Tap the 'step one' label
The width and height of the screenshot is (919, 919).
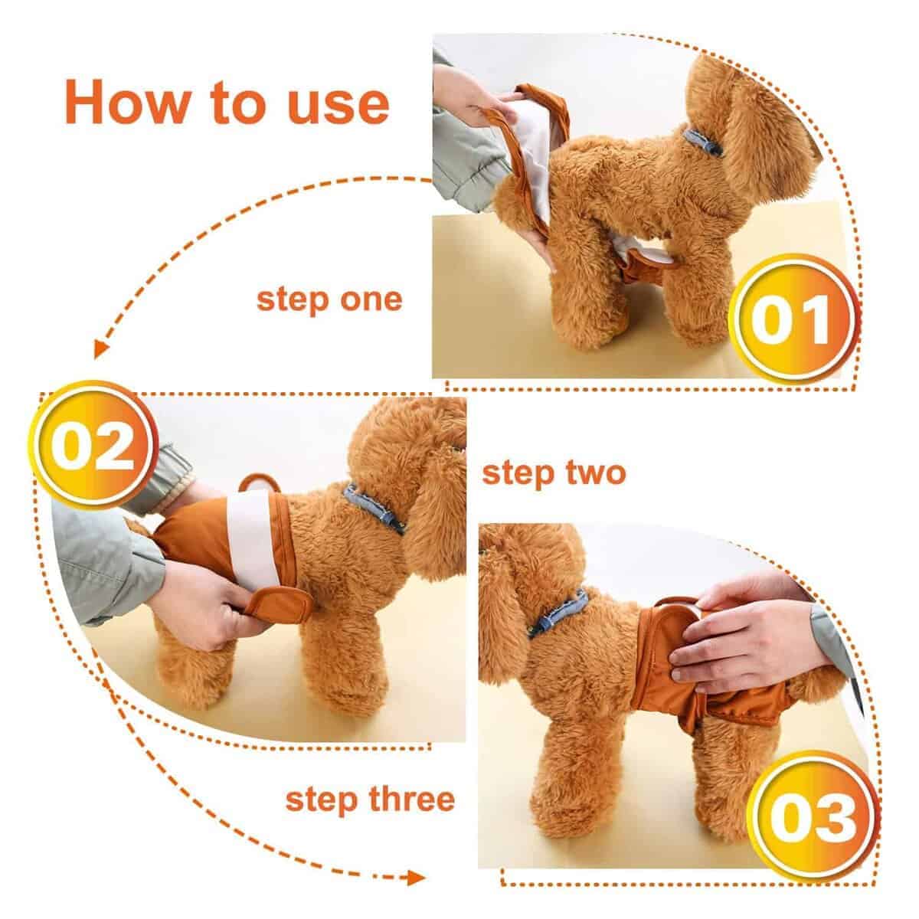tap(329, 299)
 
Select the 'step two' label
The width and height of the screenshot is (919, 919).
tap(554, 473)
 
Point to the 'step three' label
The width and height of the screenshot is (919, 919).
tap(370, 799)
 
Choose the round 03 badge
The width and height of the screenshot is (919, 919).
tap(813, 817)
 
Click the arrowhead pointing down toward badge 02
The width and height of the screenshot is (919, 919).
tap(99, 349)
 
